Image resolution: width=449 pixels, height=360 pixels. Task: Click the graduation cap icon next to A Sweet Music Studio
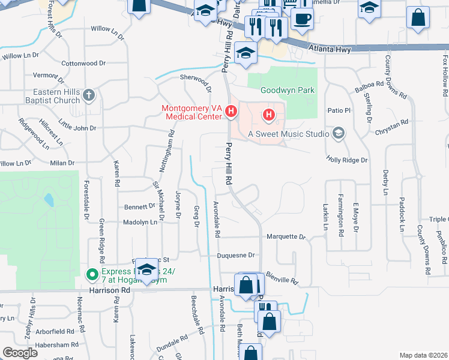click(x=339, y=133)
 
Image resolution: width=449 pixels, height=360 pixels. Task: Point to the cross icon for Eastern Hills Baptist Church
click(x=89, y=95)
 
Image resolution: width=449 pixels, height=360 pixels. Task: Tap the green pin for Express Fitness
click(x=91, y=275)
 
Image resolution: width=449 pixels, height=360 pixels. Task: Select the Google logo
click(x=20, y=353)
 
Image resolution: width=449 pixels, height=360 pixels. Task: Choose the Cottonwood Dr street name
click(x=83, y=63)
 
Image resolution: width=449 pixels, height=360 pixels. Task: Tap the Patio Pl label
click(x=339, y=110)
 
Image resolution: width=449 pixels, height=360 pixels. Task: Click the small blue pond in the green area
click(x=48, y=199)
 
